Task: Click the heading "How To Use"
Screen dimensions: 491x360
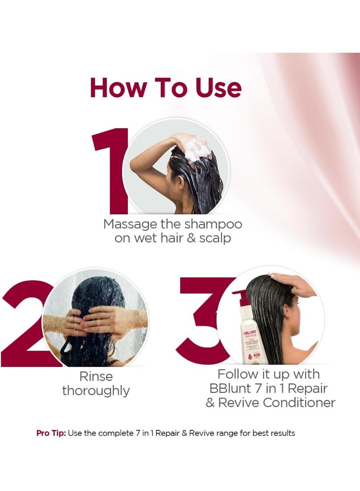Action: (x=166, y=88)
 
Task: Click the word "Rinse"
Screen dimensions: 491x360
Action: (x=96, y=376)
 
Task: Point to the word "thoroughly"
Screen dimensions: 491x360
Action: (x=96, y=391)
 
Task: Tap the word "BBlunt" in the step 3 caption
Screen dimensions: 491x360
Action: (x=234, y=388)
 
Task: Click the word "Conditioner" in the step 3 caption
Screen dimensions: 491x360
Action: (x=299, y=402)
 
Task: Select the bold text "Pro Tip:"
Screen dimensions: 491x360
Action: (x=51, y=433)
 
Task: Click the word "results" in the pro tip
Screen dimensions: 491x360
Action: (x=282, y=433)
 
